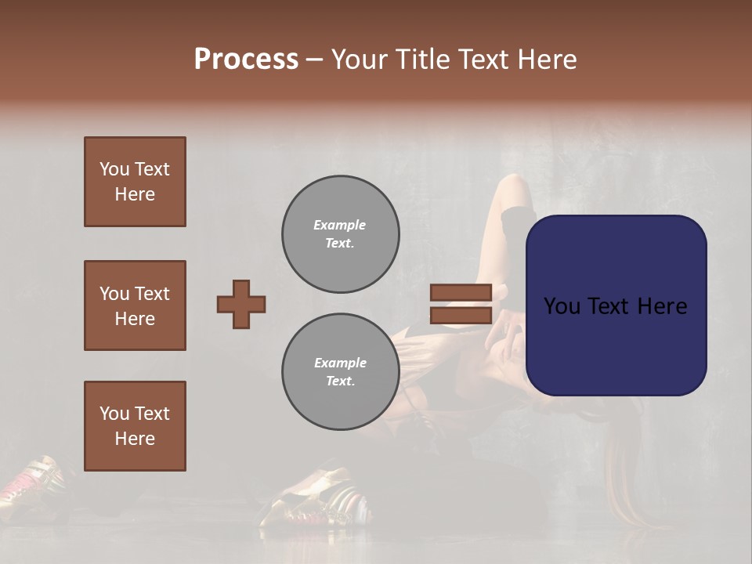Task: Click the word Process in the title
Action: click(x=246, y=60)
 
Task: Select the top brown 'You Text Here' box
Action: click(x=135, y=182)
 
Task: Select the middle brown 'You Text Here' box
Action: click(x=135, y=305)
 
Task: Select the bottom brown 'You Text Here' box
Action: click(x=135, y=425)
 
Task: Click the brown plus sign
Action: click(x=241, y=304)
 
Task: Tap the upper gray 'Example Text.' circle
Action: click(x=340, y=233)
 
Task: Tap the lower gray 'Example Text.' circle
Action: click(x=340, y=371)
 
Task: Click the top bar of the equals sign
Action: click(x=461, y=292)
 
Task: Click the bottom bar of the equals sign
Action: click(x=461, y=316)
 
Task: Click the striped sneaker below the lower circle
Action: click(x=321, y=493)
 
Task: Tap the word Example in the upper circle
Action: click(x=340, y=225)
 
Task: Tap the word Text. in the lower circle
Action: click(x=340, y=381)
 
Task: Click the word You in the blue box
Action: click(x=561, y=306)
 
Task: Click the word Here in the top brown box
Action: click(x=135, y=194)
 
